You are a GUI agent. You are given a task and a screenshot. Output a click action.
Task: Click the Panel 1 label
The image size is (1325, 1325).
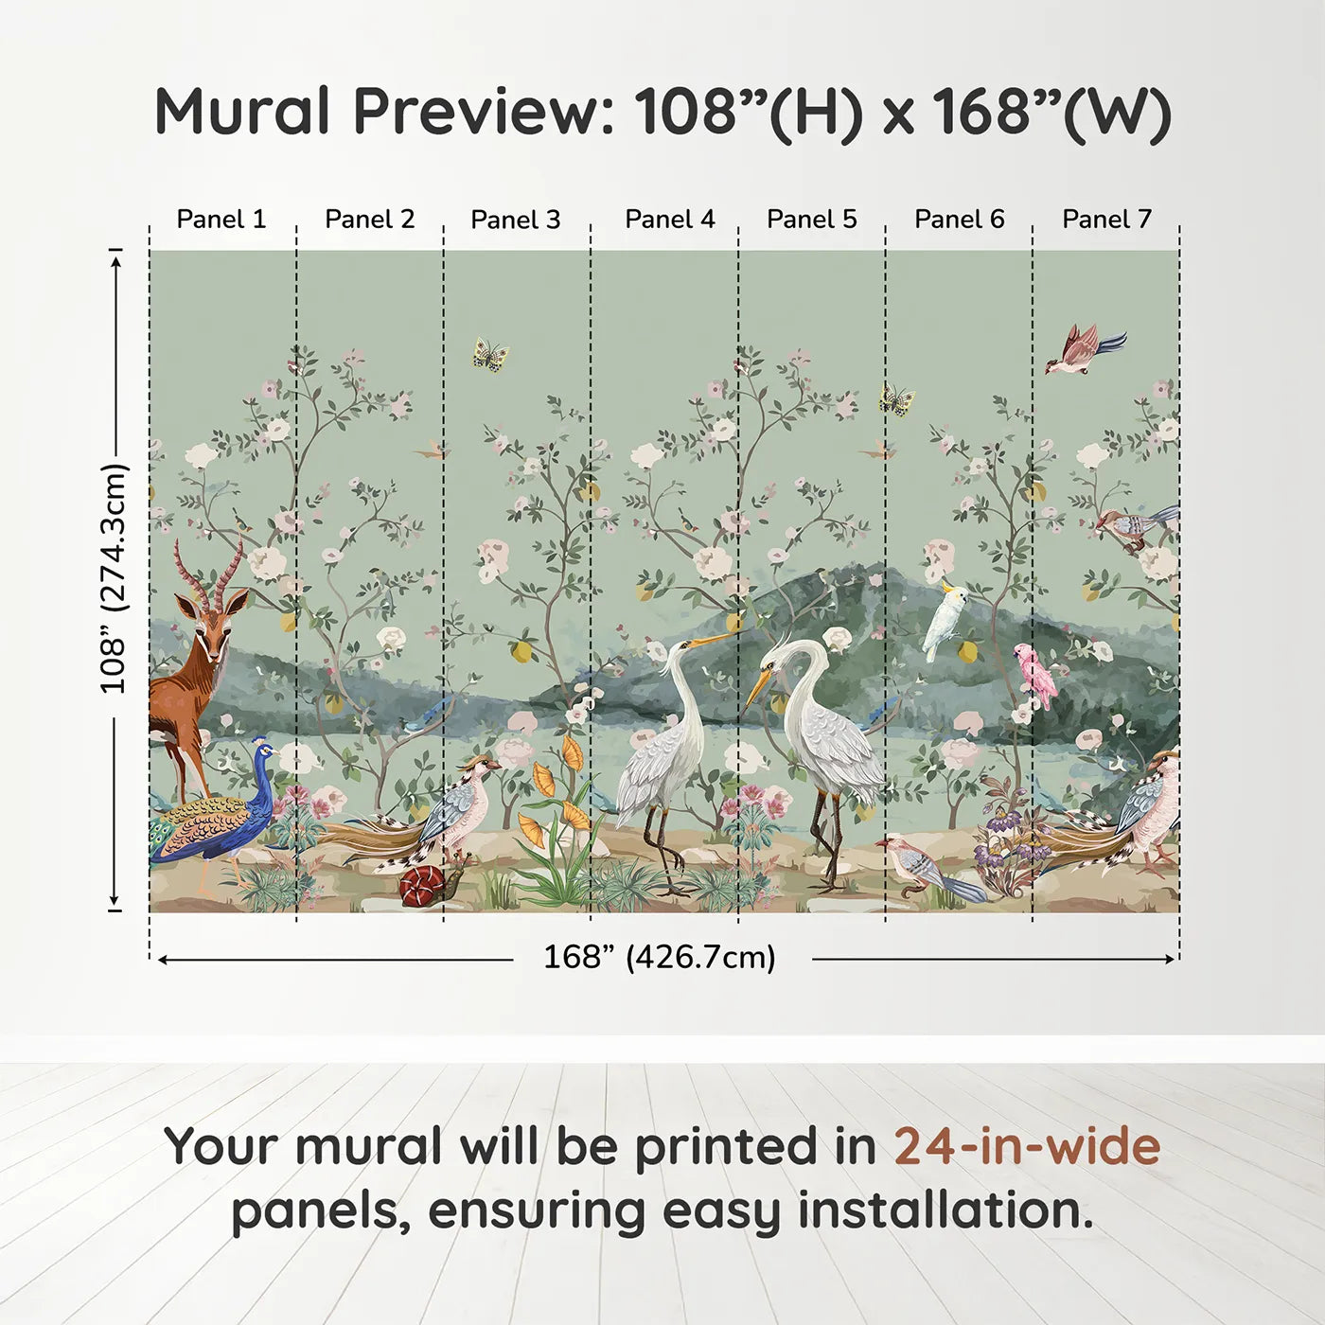[221, 220]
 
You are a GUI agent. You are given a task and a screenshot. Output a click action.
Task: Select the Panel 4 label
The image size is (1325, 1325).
[669, 220]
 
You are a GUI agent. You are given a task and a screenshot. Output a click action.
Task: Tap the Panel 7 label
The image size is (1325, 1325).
[1106, 220]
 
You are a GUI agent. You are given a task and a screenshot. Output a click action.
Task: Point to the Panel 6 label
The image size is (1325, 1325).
[959, 220]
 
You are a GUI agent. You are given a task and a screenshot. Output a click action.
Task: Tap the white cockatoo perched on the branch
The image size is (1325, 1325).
[946, 620]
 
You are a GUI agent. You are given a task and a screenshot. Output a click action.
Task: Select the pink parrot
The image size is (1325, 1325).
[1038, 674]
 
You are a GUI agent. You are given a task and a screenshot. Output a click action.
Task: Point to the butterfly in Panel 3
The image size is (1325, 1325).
[490, 355]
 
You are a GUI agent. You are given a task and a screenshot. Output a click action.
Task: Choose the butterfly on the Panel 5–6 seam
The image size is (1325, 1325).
[895, 399]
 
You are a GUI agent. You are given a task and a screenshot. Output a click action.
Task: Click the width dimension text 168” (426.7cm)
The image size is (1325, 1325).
[659, 958]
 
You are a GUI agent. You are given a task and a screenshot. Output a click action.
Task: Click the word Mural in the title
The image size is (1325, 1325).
[242, 112]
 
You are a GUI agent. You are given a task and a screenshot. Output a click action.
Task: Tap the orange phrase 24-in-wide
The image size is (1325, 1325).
[1026, 1146]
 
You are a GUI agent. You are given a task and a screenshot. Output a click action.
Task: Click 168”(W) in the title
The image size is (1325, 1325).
[1051, 112]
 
